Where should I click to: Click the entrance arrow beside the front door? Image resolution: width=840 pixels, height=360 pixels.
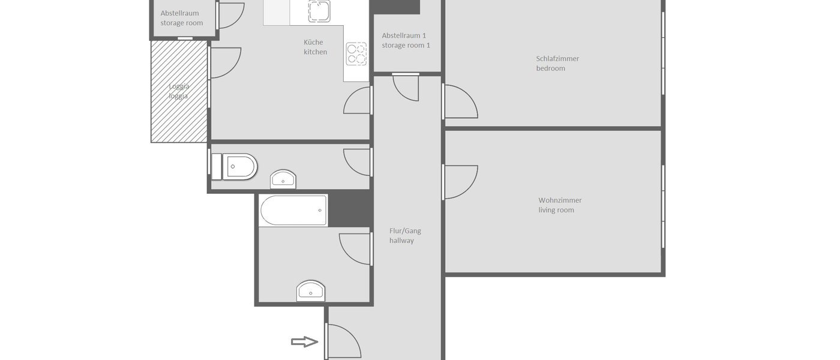[x=304, y=342]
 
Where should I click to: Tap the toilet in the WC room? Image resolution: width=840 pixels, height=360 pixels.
[x=238, y=166]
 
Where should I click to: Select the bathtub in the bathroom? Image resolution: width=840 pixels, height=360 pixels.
[x=293, y=210]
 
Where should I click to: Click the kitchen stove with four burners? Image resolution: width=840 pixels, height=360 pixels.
[x=356, y=53]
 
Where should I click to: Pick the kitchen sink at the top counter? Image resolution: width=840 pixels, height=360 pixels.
[x=319, y=10]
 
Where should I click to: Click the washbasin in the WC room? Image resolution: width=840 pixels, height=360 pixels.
[x=283, y=179]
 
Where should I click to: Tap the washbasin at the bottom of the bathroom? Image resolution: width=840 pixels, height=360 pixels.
[x=310, y=291]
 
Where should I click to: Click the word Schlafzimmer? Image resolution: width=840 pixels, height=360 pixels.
[x=557, y=59]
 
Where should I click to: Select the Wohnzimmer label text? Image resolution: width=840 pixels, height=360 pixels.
[x=560, y=200]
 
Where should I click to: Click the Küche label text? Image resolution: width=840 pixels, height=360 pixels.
[x=313, y=43]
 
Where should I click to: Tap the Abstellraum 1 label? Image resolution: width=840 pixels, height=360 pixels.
[x=404, y=35]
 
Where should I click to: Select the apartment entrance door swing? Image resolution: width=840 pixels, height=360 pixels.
[x=342, y=341]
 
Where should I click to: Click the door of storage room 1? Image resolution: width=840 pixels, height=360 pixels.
[x=406, y=86]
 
